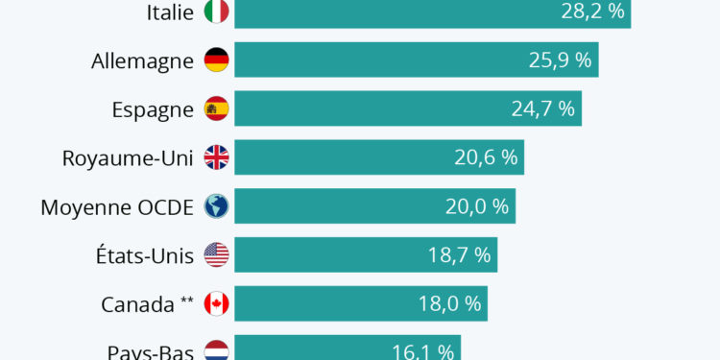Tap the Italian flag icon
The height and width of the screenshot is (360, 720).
[217, 12]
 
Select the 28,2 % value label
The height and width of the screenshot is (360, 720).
[593, 12]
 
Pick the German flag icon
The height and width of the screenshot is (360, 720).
[217, 60]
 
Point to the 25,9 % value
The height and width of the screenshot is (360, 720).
[562, 60]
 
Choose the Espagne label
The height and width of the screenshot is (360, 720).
[153, 109]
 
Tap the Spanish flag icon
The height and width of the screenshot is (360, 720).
[217, 109]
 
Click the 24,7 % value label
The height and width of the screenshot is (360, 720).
[543, 109]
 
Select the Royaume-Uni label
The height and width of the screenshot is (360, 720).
[128, 158]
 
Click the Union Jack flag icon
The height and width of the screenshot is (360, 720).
[217, 158]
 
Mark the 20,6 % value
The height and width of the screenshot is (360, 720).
[486, 158]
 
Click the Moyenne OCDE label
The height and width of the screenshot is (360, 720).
[117, 207]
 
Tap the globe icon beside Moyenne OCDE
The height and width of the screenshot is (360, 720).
[217, 207]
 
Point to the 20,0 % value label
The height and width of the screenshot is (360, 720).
[477, 207]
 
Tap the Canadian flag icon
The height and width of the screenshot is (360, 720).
[217, 305]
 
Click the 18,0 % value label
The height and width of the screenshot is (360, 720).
[449, 305]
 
